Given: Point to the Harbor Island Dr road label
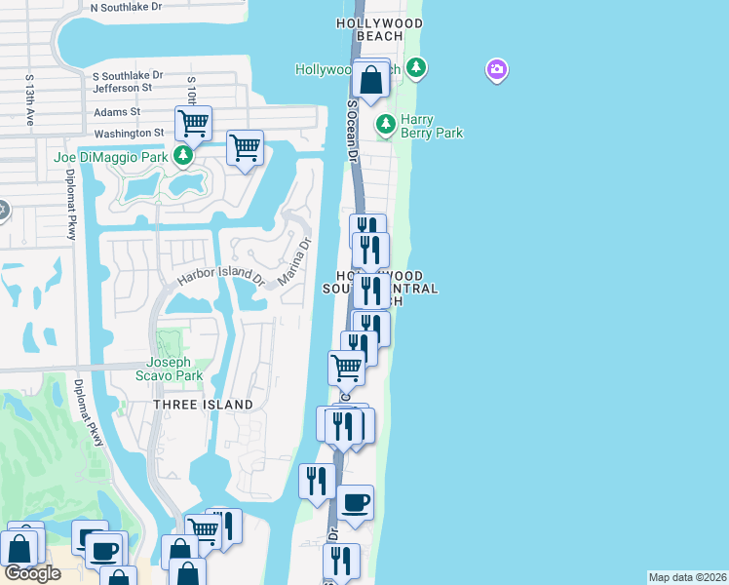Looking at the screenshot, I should click(x=220, y=277).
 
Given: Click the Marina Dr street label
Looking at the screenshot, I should click(x=293, y=261).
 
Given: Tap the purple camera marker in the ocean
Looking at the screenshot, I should click(x=497, y=69).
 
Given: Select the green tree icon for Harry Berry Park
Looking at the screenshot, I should click(x=386, y=124).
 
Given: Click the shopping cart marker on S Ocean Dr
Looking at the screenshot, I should click(x=347, y=368).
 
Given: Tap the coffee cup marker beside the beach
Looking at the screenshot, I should click(x=356, y=502).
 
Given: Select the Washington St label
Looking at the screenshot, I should click(x=130, y=134).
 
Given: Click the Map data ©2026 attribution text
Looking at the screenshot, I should click(x=687, y=577).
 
